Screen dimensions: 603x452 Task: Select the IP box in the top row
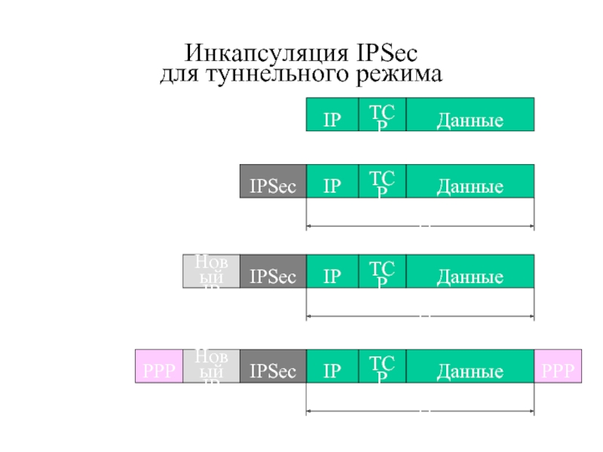[332, 115]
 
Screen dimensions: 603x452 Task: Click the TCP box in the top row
[382, 115]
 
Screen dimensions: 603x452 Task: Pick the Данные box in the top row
[470, 115]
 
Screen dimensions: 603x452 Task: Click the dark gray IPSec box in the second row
[273, 182]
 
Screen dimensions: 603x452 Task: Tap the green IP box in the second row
[332, 182]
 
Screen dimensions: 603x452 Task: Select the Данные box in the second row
[470, 182]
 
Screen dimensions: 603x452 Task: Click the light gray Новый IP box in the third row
[212, 271]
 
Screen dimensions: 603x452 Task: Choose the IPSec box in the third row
[273, 271]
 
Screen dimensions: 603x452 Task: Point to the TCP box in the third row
[382, 271]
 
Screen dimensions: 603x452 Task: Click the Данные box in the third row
[470, 271]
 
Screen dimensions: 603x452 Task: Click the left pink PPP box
[159, 366]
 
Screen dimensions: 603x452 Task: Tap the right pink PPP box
[558, 366]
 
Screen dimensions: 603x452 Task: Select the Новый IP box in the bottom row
[212, 366]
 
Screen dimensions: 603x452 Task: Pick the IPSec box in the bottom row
[273, 366]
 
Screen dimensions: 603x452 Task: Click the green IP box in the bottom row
[332, 366]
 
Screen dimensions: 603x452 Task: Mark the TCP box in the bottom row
[382, 366]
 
